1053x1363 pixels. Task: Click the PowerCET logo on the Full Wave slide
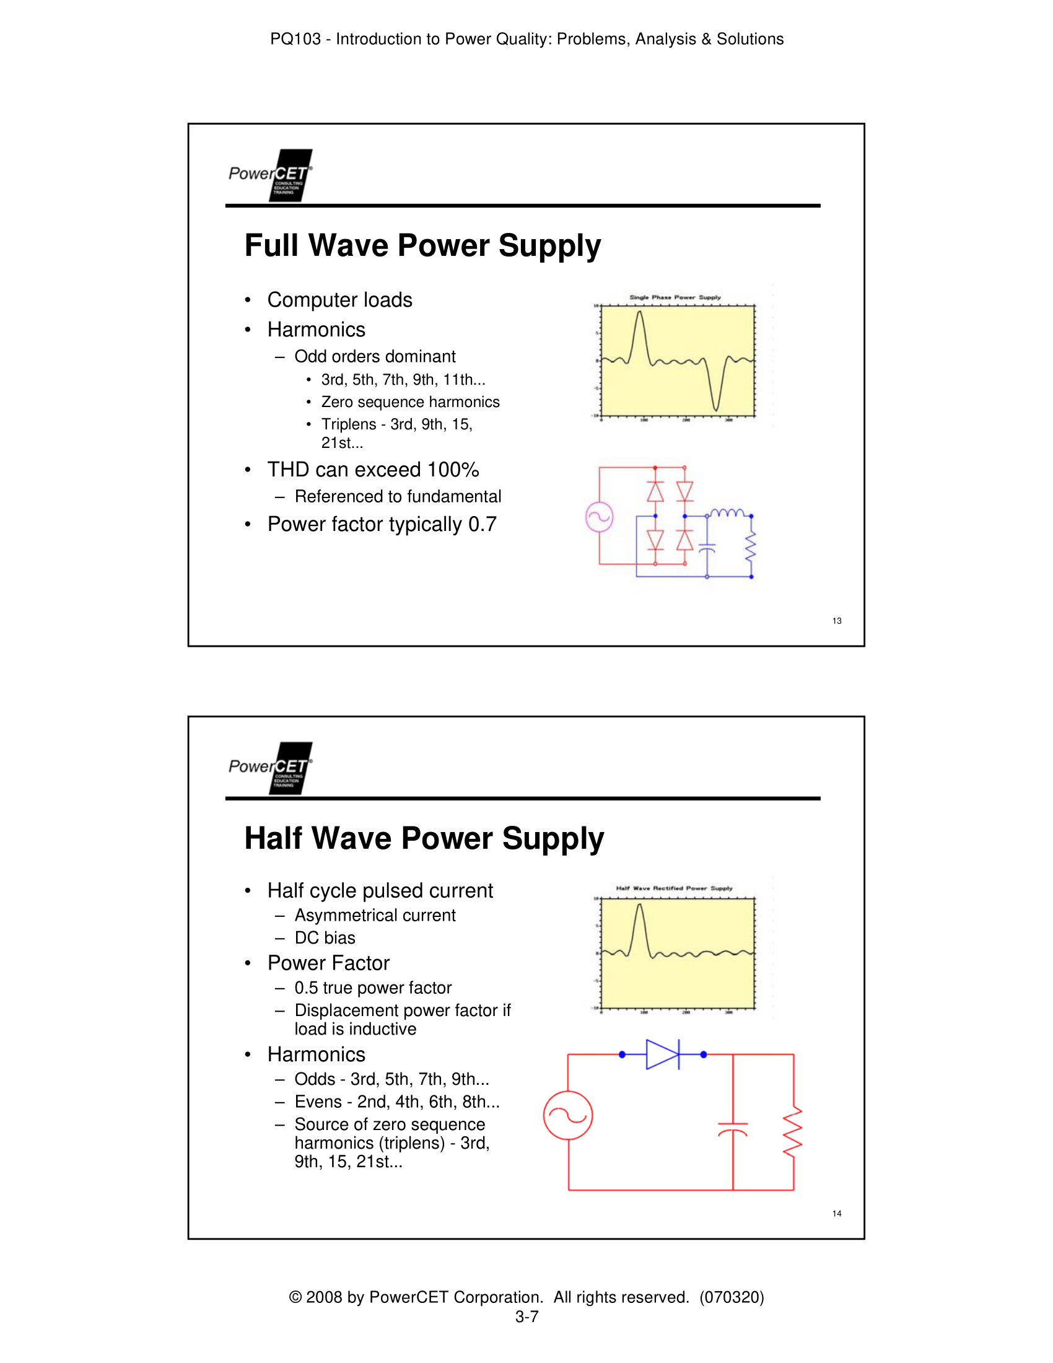click(x=271, y=175)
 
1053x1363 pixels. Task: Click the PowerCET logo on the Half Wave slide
click(x=271, y=768)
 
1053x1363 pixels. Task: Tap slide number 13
click(x=837, y=620)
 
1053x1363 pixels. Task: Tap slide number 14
click(x=837, y=1213)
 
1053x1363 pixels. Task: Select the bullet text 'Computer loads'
click(x=339, y=300)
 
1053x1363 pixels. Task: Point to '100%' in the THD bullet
click(x=453, y=470)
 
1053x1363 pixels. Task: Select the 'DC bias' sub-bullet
click(x=325, y=938)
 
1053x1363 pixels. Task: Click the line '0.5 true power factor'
click(x=372, y=988)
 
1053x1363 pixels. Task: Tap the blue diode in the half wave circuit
click(x=663, y=1054)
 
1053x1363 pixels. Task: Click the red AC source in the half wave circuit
click(x=567, y=1115)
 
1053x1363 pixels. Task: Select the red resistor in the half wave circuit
click(x=793, y=1132)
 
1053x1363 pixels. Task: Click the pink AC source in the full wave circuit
click(x=599, y=517)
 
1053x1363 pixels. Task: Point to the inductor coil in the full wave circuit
click(x=727, y=513)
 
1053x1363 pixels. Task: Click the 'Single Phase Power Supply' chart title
click(x=675, y=297)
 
